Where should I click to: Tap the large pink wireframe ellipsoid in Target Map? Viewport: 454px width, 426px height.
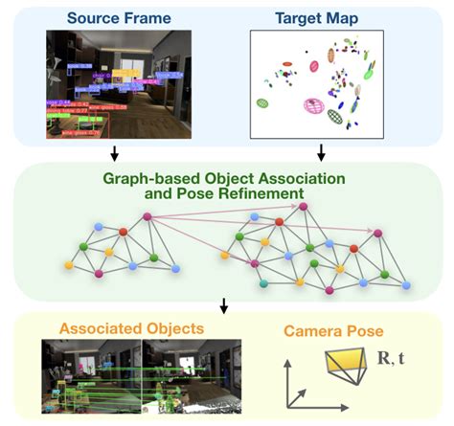tap(312, 106)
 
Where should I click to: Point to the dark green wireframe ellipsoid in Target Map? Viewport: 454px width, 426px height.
tap(334, 117)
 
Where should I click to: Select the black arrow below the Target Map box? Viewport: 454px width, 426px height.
tap(321, 152)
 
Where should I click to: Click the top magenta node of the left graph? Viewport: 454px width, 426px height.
tap(147, 217)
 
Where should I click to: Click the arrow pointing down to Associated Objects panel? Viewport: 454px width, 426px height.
tap(223, 306)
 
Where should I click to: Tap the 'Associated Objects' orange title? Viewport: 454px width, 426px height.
tap(131, 328)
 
